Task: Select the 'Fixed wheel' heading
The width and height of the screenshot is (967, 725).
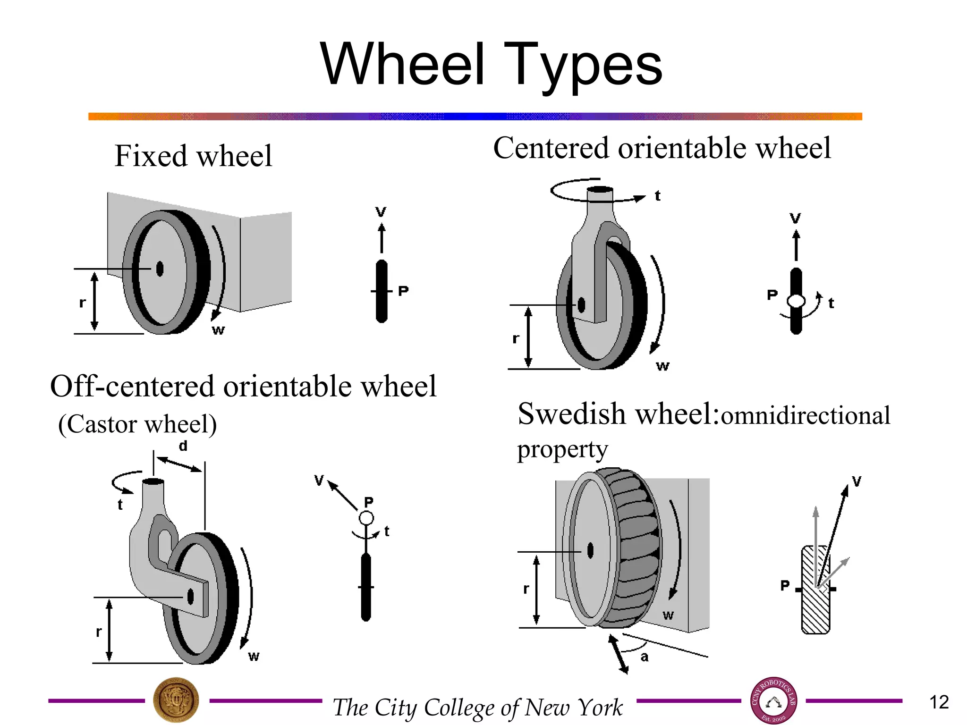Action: (x=193, y=156)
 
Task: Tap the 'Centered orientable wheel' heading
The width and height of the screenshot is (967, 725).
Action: (x=662, y=148)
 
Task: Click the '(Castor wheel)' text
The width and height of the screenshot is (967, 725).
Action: (x=137, y=424)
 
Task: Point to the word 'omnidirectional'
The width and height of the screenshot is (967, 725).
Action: (x=806, y=416)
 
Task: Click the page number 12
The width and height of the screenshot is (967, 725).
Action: (x=939, y=702)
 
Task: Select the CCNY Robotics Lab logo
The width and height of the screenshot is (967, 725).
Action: (x=773, y=701)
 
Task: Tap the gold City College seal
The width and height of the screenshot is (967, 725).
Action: (x=176, y=701)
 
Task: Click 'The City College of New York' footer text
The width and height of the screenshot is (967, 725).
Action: (x=478, y=708)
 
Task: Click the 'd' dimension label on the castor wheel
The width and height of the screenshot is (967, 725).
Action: (x=183, y=446)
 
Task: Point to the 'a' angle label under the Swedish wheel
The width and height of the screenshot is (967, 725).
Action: (x=645, y=657)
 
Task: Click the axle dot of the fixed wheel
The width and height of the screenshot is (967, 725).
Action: (x=160, y=269)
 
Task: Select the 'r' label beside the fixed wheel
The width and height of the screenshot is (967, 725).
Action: (x=83, y=303)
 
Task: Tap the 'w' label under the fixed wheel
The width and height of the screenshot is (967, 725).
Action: (x=218, y=330)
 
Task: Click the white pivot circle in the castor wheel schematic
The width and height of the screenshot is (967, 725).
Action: (x=366, y=518)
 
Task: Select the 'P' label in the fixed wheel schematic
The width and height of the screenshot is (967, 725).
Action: (x=403, y=291)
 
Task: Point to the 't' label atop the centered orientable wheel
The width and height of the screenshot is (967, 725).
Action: (x=657, y=196)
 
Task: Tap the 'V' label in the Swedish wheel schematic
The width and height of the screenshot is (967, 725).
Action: (x=857, y=481)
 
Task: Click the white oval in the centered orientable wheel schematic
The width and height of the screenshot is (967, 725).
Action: (x=796, y=301)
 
